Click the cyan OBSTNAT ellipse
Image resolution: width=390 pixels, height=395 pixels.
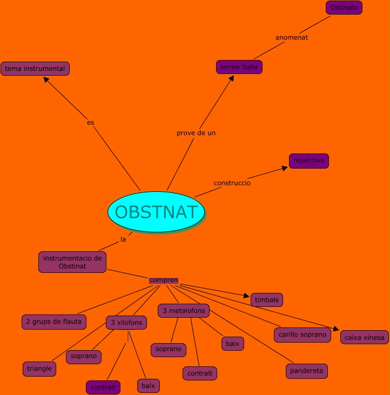[156, 212]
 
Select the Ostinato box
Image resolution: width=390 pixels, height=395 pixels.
[344, 8]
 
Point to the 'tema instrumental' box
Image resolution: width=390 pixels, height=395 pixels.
[35, 69]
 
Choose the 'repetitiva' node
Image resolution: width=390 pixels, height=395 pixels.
[309, 161]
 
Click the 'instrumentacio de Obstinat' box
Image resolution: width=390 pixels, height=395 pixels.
[72, 262]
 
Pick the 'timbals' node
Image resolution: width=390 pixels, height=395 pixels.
[267, 300]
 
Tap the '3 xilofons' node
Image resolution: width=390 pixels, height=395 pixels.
[126, 323]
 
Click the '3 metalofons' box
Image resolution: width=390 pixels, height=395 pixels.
[184, 311]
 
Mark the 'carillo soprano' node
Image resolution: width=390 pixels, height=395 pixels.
[302, 335]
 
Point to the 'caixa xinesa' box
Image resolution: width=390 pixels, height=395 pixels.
[365, 337]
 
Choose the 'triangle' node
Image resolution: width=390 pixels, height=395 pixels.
[39, 369]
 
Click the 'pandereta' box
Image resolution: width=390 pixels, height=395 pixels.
[307, 371]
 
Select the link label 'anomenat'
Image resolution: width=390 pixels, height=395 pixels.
[292, 38]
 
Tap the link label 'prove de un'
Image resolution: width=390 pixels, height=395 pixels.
[196, 132]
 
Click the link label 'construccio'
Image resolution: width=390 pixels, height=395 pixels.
[232, 183]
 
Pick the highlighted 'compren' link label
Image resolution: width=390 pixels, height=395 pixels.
[164, 280]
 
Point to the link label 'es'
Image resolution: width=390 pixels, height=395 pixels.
[91, 123]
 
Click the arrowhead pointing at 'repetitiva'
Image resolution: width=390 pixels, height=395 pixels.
[285, 169]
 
